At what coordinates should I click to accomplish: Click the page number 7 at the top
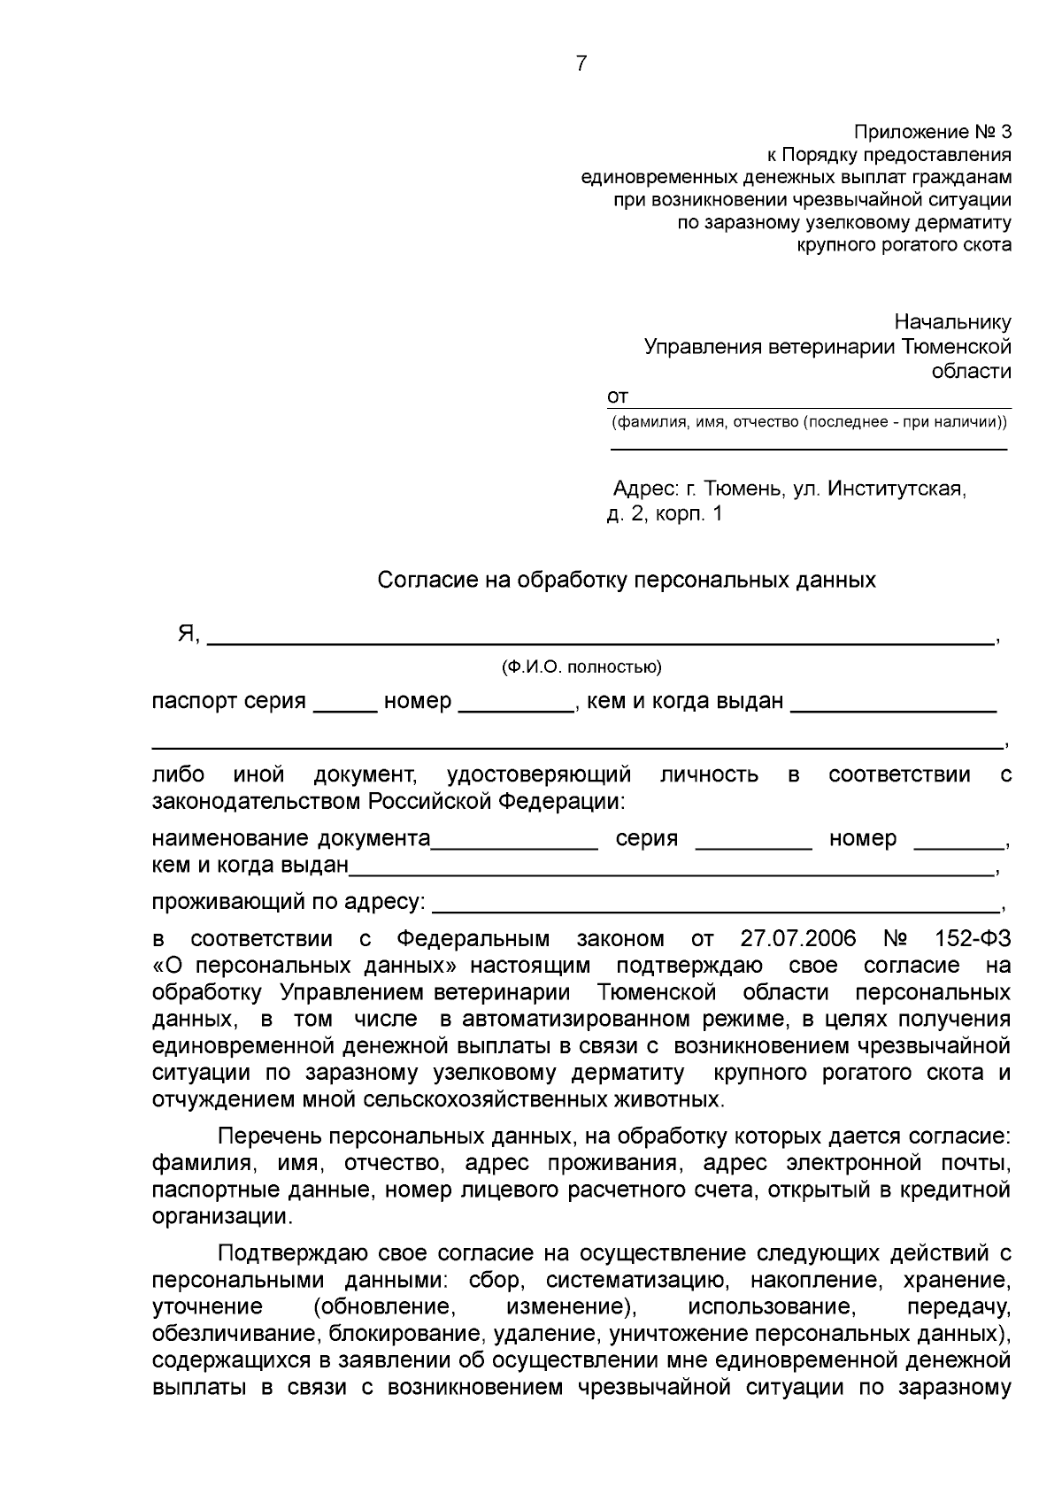pyautogui.click(x=581, y=64)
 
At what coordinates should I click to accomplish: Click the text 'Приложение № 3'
pyautogui.click(x=932, y=132)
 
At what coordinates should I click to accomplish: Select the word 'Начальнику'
pyautogui.click(x=952, y=322)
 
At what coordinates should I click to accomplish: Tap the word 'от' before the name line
pyautogui.click(x=617, y=397)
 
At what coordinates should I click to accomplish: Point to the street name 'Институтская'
pyautogui.click(x=897, y=489)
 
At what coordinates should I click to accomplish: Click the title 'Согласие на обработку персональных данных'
pyautogui.click(x=627, y=581)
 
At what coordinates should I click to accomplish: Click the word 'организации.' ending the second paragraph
pyautogui.click(x=220, y=1216)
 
